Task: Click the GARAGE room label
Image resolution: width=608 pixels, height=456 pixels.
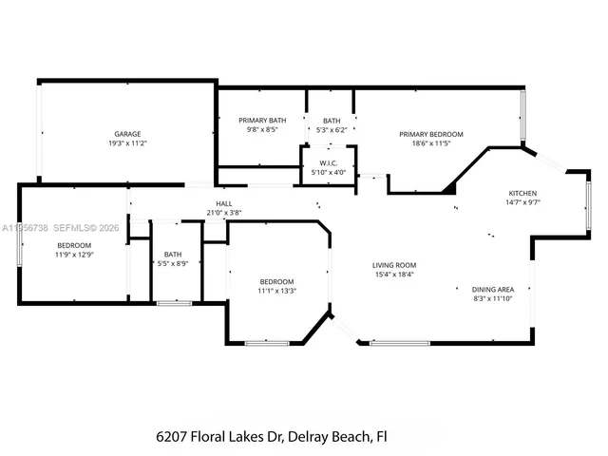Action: tap(128, 134)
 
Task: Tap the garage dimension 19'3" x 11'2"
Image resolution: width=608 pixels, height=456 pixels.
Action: tap(128, 143)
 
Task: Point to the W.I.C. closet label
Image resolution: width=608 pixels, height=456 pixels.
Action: tap(330, 163)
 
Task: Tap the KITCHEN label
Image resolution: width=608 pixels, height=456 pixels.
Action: tap(523, 192)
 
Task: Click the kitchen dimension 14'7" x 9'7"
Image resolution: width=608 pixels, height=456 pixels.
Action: tap(523, 201)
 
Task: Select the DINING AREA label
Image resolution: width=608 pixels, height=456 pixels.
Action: tap(493, 289)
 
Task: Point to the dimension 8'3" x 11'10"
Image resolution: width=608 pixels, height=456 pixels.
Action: tap(493, 298)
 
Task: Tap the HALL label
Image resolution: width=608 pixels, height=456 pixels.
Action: tap(224, 203)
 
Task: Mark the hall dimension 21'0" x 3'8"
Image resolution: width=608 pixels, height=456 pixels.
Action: tap(224, 213)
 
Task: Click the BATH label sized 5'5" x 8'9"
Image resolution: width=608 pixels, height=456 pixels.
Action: tap(173, 254)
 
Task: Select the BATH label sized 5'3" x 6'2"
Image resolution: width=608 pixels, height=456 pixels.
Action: tap(331, 121)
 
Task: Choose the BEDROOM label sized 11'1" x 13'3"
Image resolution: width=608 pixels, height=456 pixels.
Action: tap(277, 281)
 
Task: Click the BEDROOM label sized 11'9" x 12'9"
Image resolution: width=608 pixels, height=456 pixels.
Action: tap(73, 245)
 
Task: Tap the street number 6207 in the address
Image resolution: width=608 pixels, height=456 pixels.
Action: tap(173, 437)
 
